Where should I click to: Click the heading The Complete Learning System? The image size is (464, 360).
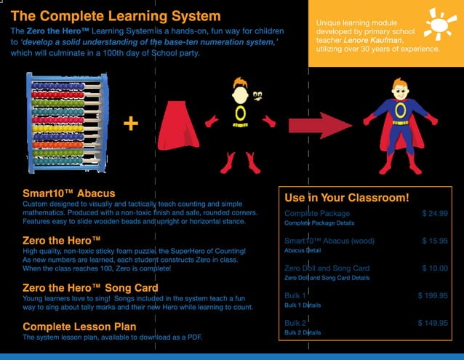[x=116, y=15]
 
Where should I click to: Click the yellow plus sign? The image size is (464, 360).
[x=131, y=124]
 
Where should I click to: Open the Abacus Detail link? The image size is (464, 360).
[x=303, y=250]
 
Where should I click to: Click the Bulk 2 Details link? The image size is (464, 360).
[x=303, y=332]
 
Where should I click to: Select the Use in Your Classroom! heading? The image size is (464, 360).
[x=347, y=197]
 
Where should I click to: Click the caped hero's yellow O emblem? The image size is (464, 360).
[x=399, y=111]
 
